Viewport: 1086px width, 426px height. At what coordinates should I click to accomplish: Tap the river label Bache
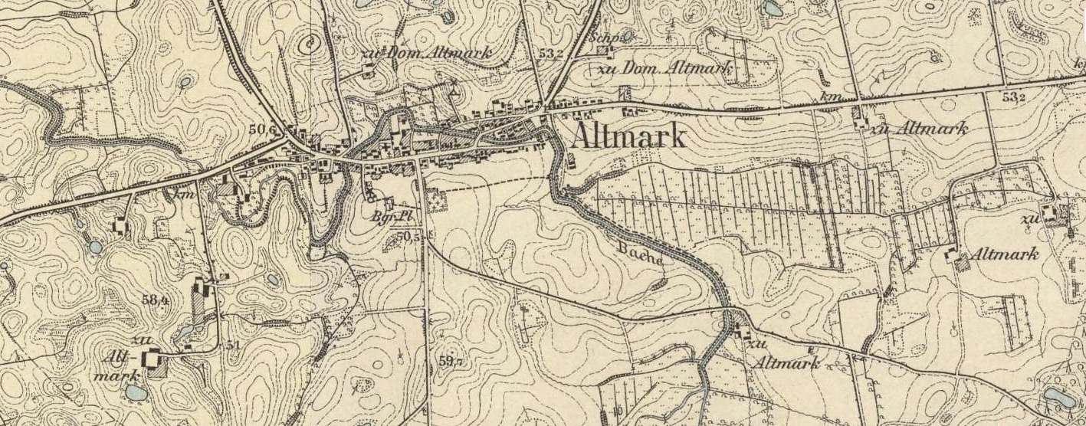pyautogui.click(x=639, y=253)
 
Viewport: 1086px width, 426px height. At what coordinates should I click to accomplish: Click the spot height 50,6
pyautogui.click(x=262, y=130)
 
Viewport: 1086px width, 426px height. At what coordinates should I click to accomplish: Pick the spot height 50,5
pyautogui.click(x=408, y=236)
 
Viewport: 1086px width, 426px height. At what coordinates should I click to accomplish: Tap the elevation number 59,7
pyautogui.click(x=451, y=360)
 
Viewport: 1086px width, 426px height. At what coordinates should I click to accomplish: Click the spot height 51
pyautogui.click(x=232, y=345)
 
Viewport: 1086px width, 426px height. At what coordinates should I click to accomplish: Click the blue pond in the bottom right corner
pyautogui.click(x=1058, y=397)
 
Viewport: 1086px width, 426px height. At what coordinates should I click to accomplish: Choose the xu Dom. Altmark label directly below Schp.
pyautogui.click(x=663, y=68)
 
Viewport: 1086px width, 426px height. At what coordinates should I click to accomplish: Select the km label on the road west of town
pyautogui.click(x=182, y=195)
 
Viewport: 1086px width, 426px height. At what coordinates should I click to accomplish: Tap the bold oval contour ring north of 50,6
pyautogui.click(x=310, y=44)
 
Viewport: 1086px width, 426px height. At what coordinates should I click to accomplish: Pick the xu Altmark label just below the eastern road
pyautogui.click(x=918, y=128)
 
